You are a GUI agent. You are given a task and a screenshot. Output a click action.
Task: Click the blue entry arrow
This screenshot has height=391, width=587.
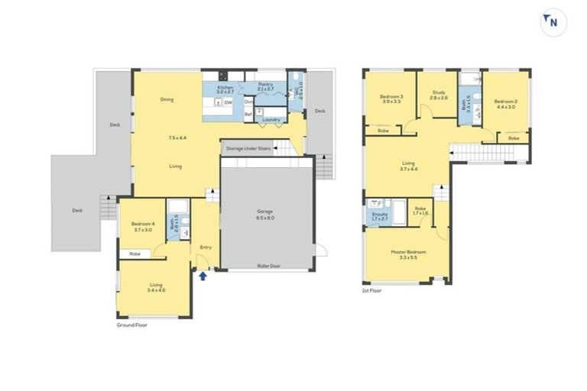click(203, 276)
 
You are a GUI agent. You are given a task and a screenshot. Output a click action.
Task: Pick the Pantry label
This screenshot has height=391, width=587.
click(265, 85)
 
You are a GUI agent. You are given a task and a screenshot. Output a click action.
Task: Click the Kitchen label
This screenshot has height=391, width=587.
click(225, 88)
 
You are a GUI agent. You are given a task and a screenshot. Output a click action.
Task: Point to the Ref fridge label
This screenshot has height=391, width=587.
click(248, 115)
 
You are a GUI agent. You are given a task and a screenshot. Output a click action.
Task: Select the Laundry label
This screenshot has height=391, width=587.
click(271, 119)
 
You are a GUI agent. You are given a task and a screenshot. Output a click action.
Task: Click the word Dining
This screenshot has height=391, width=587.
click(166, 99)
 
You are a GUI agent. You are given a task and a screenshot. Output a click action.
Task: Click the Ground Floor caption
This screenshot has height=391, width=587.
click(131, 325)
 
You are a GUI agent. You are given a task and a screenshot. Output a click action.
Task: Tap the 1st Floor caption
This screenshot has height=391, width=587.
click(371, 290)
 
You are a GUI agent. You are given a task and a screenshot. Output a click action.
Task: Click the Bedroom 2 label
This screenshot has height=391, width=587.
click(505, 102)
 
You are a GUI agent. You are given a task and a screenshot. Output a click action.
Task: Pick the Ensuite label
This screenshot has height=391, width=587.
click(380, 214)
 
